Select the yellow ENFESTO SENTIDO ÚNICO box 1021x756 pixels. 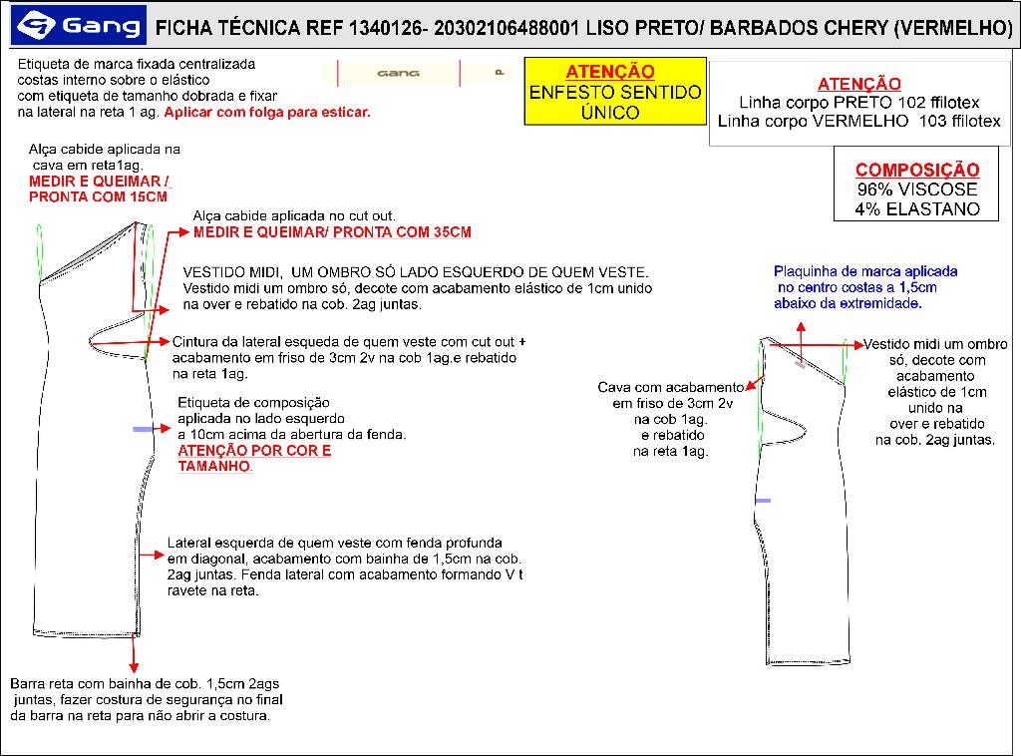click(x=614, y=92)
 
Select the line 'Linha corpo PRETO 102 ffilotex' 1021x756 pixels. click(x=859, y=103)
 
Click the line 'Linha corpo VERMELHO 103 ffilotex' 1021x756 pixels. click(x=859, y=122)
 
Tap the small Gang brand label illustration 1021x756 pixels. click(x=399, y=73)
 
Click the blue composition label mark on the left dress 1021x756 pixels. click(x=143, y=429)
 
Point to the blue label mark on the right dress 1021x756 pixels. click(x=763, y=500)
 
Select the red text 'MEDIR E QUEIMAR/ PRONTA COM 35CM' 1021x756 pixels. click(x=332, y=232)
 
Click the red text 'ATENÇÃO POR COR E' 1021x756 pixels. click(x=254, y=451)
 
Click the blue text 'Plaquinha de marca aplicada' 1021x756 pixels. click(x=865, y=271)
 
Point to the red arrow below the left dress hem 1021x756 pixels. click(x=133, y=653)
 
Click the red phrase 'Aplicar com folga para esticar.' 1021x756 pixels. click(x=267, y=113)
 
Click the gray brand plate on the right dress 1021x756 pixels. click(x=800, y=365)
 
